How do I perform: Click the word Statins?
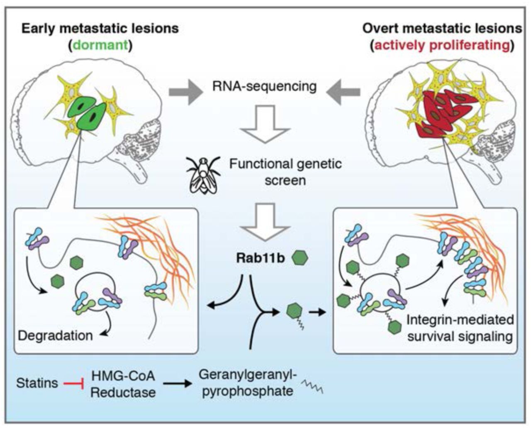(37, 383)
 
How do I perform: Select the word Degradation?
(55, 335)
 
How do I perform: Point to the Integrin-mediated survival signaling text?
(460, 328)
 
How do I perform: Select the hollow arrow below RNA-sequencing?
(265, 124)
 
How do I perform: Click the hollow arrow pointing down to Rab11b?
(265, 222)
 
